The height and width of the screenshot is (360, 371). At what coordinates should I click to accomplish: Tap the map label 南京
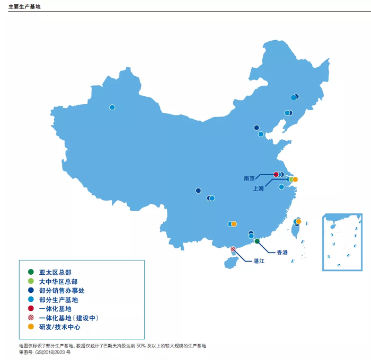tap(250, 178)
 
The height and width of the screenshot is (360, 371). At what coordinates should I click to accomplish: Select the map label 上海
tap(258, 188)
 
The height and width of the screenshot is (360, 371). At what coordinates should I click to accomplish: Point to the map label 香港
tap(282, 253)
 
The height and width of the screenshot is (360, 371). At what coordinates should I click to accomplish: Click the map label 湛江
tap(260, 261)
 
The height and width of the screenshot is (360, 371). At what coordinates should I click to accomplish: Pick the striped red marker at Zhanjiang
tap(233, 249)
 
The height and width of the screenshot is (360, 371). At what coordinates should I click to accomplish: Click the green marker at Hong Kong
tap(257, 241)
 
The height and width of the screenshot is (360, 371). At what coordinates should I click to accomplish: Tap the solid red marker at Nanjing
tap(276, 174)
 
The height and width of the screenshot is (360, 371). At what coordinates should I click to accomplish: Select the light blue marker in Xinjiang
tap(112, 107)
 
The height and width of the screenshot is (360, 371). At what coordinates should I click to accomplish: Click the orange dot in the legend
tap(31, 327)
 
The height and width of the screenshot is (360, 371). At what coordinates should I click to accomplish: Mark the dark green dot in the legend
tap(31, 272)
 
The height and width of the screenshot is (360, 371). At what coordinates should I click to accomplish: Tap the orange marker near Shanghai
tap(295, 179)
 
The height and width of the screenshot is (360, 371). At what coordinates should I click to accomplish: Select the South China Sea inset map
tap(342, 242)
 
